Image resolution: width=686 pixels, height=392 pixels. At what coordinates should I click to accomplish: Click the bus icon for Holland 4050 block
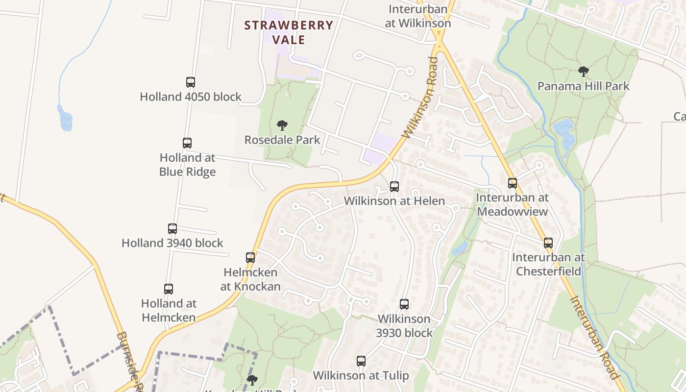click(191, 82)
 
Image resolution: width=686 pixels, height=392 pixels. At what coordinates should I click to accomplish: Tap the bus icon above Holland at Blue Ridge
click(187, 143)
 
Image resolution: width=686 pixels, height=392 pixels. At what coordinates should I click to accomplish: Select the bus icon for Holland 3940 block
click(172, 229)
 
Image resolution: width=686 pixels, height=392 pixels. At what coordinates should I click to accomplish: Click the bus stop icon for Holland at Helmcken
click(169, 289)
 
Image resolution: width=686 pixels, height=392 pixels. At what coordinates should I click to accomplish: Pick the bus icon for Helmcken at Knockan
click(250, 258)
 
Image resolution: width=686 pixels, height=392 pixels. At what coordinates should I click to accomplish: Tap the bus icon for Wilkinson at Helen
click(394, 187)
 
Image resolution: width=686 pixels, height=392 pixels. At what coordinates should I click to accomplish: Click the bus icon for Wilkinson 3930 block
click(404, 304)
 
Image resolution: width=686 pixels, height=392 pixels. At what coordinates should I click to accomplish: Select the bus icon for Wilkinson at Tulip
click(361, 362)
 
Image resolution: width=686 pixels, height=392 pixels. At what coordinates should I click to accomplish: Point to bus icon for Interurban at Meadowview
click(513, 183)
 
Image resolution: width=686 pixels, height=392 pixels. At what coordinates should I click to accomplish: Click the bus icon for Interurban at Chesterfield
click(548, 243)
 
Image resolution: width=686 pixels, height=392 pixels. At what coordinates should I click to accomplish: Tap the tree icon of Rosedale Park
click(282, 125)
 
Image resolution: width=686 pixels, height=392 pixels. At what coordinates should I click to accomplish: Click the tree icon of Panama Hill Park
click(583, 72)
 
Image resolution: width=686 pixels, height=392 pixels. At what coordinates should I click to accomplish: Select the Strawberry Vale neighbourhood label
click(289, 32)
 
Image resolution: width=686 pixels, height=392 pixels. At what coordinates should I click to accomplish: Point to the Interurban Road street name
click(593, 338)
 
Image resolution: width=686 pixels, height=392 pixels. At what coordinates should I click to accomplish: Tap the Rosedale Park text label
click(282, 140)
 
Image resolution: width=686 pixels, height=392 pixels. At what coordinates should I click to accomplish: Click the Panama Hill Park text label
click(583, 86)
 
